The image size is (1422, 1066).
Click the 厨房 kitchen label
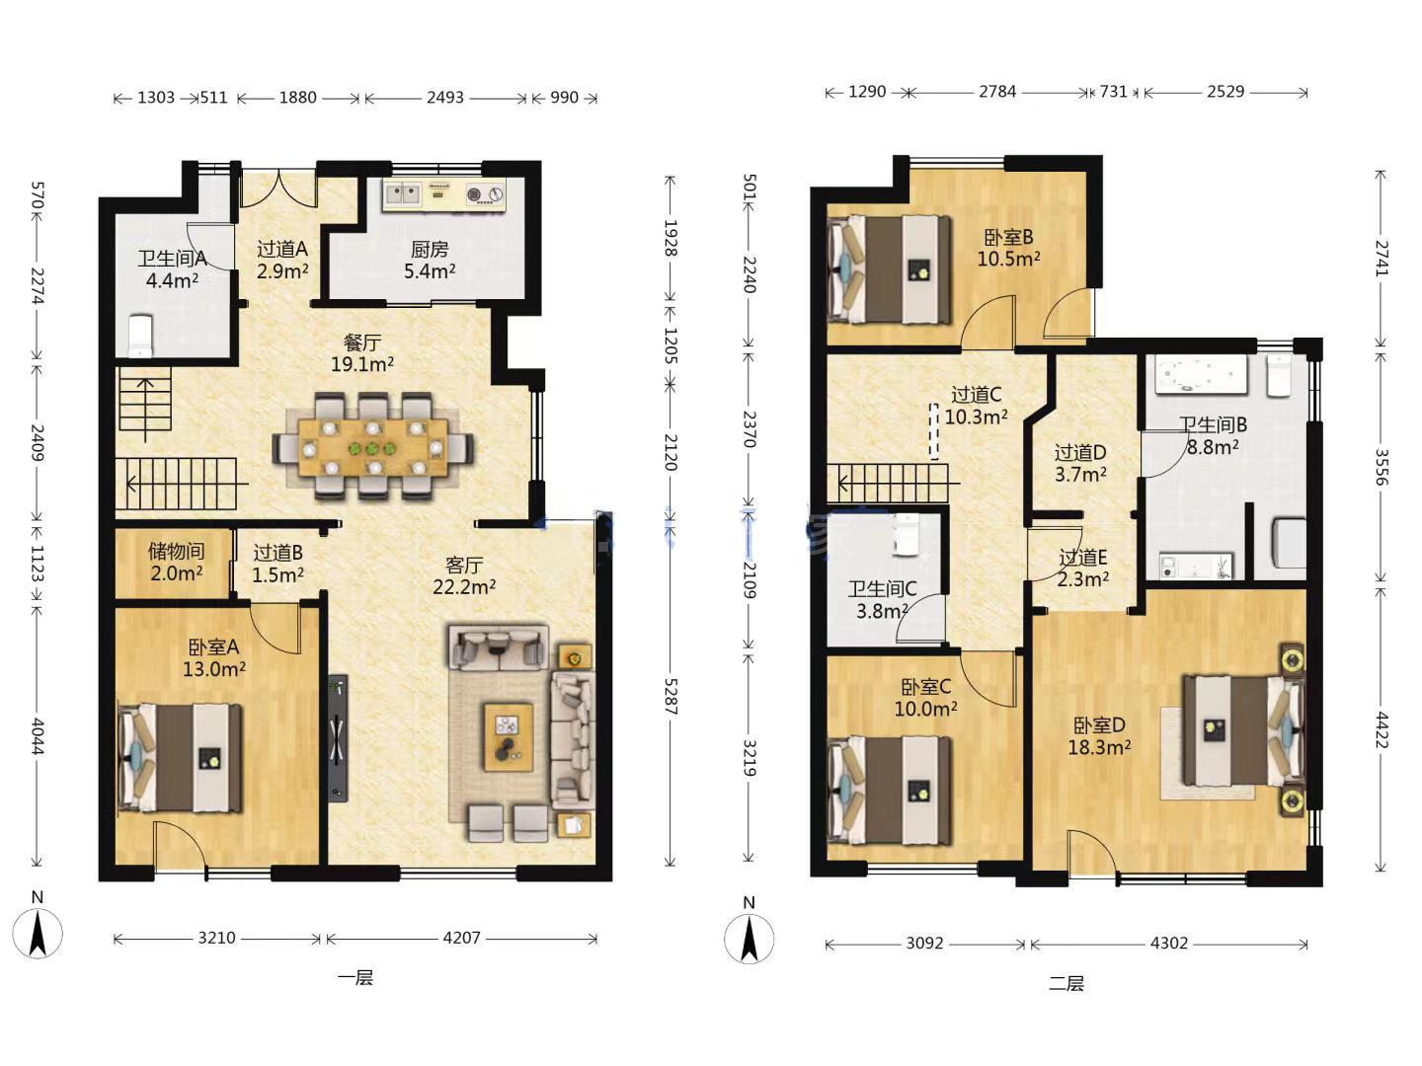click(429, 249)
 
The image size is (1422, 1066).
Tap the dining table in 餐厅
click(372, 447)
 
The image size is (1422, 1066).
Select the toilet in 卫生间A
click(140, 336)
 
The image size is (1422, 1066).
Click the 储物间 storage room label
click(176, 551)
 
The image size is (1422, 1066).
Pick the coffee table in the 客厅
click(509, 736)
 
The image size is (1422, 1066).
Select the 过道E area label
click(1082, 557)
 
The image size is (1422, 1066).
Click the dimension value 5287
click(671, 697)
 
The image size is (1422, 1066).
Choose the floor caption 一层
click(355, 977)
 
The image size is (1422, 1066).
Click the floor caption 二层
click(1066, 984)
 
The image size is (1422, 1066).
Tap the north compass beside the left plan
click(38, 933)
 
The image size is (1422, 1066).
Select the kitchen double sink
click(403, 191)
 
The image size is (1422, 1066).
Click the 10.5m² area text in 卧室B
click(1008, 259)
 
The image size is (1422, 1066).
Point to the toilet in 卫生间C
click(905, 535)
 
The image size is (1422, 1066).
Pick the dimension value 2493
click(445, 97)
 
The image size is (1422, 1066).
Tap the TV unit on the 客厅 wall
click(337, 738)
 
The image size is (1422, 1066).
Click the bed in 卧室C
click(890, 790)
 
